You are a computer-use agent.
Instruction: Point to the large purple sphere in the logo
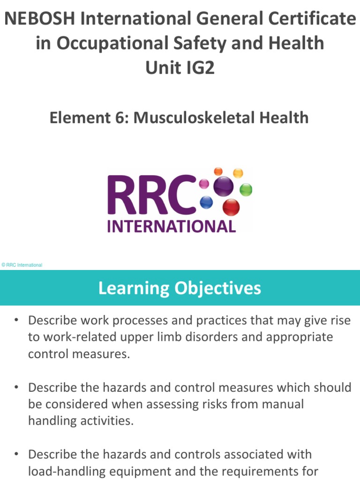[x=223, y=187]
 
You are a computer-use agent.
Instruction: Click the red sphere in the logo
[x=231, y=207]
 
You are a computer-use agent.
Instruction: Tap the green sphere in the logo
[x=246, y=189]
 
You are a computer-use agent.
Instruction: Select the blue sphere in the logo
[x=206, y=202]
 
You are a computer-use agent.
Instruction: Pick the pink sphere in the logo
[x=204, y=183]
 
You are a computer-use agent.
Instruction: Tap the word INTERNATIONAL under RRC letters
[x=171, y=227]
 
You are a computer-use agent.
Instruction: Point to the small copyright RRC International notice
[x=22, y=265]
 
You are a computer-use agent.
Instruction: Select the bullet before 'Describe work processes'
[x=16, y=321]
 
